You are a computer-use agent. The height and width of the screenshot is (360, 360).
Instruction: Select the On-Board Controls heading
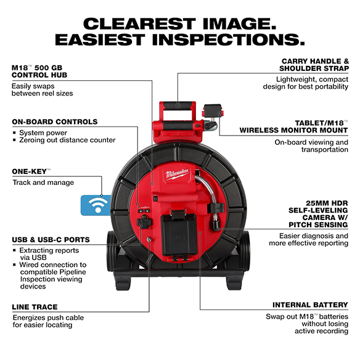coord(54,122)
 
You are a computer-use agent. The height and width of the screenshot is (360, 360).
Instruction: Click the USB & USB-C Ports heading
coord(51,239)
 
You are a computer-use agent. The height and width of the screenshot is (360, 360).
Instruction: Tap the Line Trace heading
coord(35,306)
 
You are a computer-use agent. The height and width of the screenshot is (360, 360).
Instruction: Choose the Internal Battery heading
coord(310,305)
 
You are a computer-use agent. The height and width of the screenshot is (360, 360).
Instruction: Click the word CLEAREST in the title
coord(139,24)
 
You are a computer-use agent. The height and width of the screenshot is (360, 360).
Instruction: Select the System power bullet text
coord(43,133)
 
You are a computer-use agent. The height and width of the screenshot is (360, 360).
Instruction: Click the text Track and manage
coord(43,182)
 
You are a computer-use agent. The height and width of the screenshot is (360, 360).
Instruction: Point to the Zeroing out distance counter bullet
coord(67,141)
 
